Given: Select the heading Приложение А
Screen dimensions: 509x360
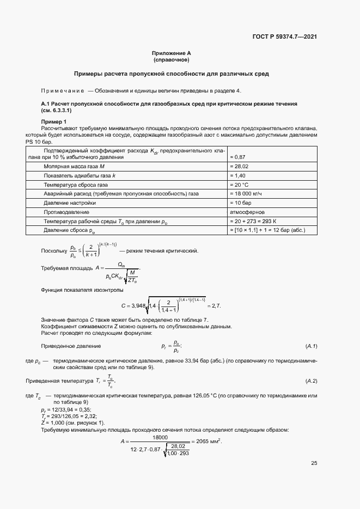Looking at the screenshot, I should pos(171,53).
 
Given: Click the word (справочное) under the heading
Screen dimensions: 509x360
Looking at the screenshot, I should pos(171,59).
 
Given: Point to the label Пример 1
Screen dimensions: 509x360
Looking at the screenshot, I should pos(53,121).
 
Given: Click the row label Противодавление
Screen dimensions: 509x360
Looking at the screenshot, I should pos(66,212).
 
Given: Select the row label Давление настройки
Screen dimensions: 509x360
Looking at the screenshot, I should pos(70,203).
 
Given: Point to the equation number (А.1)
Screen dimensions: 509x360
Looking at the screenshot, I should pos(311,346).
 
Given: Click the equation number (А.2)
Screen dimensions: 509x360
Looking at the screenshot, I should pos(311,380).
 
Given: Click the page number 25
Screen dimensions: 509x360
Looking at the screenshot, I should pos(314,463).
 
